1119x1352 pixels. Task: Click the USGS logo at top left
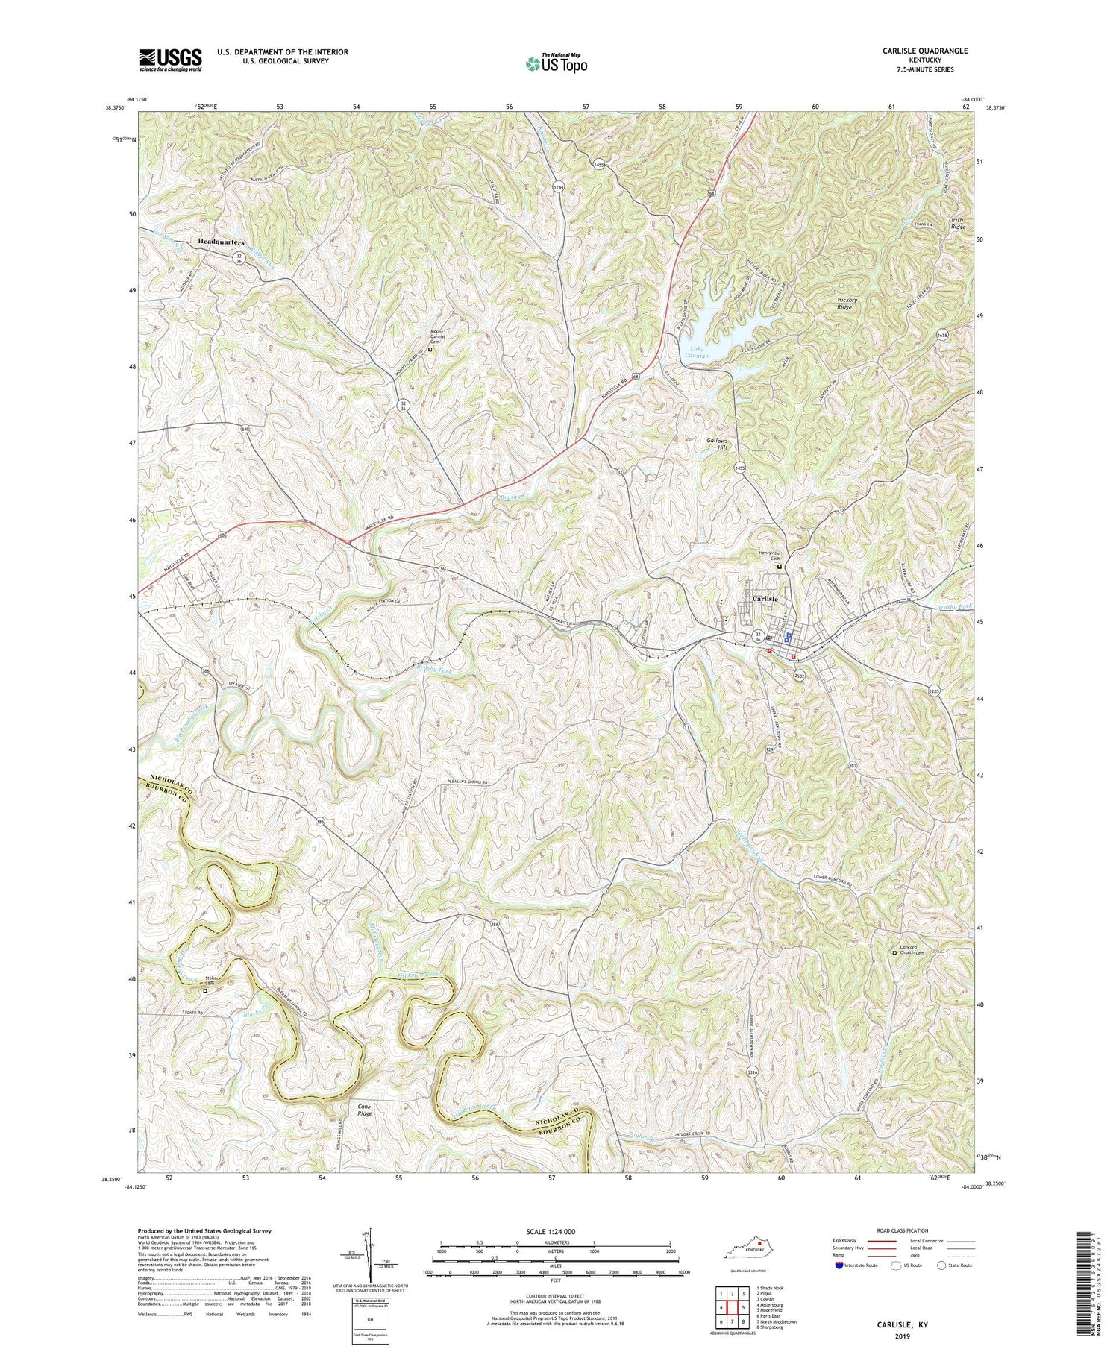point(169,60)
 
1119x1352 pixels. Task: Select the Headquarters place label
point(222,242)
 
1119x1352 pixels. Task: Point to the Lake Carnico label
point(698,353)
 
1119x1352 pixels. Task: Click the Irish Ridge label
point(957,223)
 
